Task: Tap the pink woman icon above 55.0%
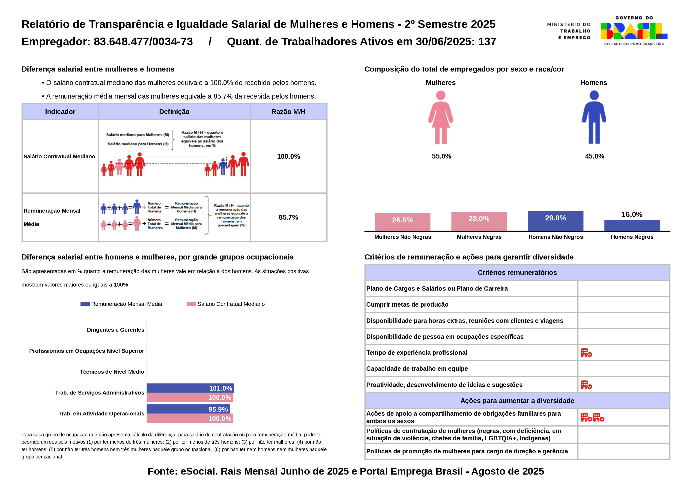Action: pos(441,118)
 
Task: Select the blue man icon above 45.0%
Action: pos(594,118)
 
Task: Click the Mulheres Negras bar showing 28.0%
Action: pos(479,221)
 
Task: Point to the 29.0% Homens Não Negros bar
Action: pos(555,221)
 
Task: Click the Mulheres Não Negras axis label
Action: pos(403,237)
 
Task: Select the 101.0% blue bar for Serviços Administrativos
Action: pos(190,388)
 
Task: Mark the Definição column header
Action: pos(174,112)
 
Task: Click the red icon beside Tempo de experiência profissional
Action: pos(586,353)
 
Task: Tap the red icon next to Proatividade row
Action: pos(586,385)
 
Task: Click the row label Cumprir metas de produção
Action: pos(407,304)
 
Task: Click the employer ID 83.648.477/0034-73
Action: pos(143,41)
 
